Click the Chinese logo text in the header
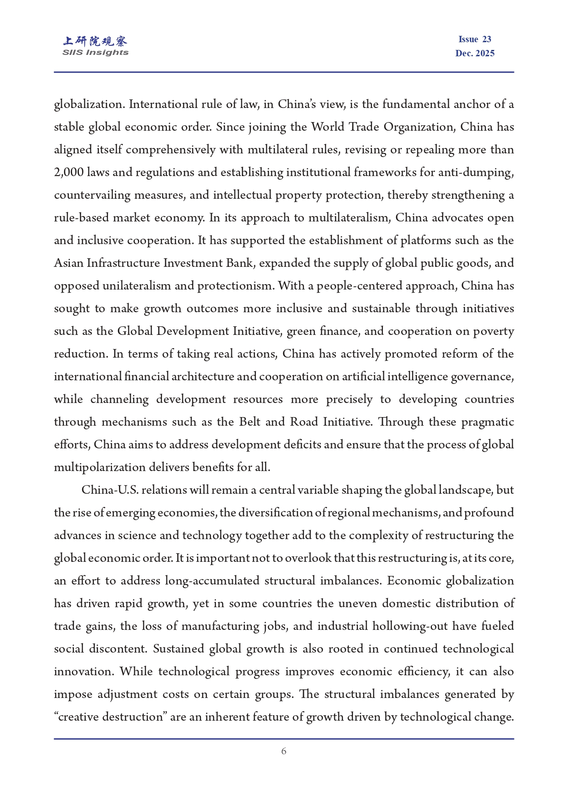pyautogui.click(x=95, y=41)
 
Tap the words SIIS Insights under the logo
pyautogui.click(x=95, y=53)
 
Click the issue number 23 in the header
pyautogui.click(x=487, y=39)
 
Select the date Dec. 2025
pyautogui.click(x=475, y=54)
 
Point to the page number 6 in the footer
pyautogui.click(x=284, y=752)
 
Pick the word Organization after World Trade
pyautogui.click(x=420, y=127)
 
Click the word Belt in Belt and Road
pyautogui.click(x=250, y=422)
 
